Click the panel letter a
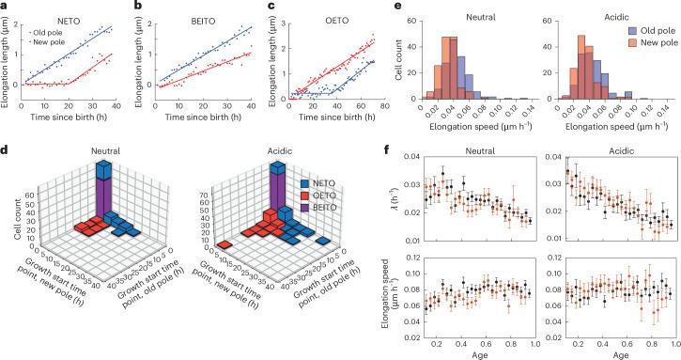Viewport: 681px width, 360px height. click(x=5, y=6)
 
